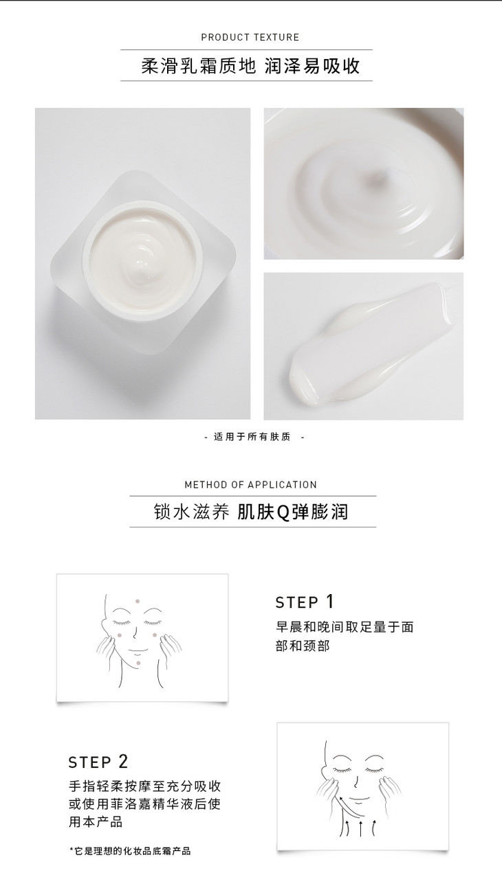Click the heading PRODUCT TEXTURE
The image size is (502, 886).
250,37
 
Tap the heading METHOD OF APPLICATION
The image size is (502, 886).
250,484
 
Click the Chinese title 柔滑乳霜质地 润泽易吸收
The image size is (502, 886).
250,66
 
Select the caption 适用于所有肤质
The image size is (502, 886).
252,437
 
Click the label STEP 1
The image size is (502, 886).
305,602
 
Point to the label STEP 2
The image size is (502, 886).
98,762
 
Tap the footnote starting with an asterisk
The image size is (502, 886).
130,851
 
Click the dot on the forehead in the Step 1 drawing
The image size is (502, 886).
138,601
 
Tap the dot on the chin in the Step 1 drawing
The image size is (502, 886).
138,663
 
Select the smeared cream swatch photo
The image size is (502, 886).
364,346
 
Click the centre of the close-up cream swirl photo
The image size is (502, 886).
364,183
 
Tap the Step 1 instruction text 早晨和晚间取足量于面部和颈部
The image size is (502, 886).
345,637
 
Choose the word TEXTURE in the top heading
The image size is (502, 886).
276,37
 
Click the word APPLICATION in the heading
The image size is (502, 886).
283,484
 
